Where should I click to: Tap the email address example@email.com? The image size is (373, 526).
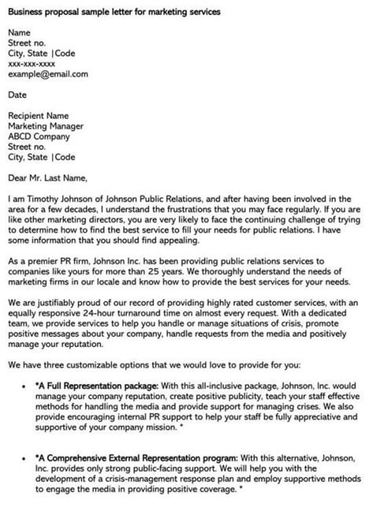pos(48,74)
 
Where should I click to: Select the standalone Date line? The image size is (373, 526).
pos(17,94)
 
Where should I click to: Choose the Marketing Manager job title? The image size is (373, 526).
pos(46,125)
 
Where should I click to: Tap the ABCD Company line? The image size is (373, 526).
pos(39,135)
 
